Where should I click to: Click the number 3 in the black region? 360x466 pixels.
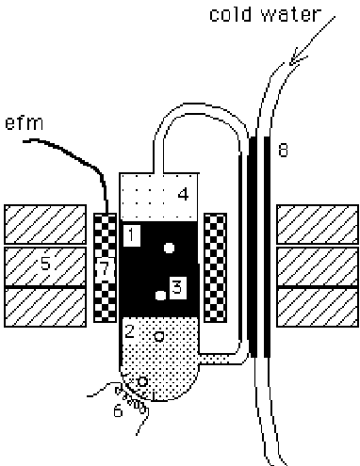click(x=176, y=284)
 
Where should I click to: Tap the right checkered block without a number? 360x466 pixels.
click(x=216, y=266)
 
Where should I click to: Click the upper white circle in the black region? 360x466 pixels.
click(x=169, y=249)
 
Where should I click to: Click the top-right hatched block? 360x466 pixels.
click(x=316, y=224)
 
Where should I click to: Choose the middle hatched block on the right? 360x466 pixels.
click(x=316, y=266)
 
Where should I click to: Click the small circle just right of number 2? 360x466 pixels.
click(x=159, y=335)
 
